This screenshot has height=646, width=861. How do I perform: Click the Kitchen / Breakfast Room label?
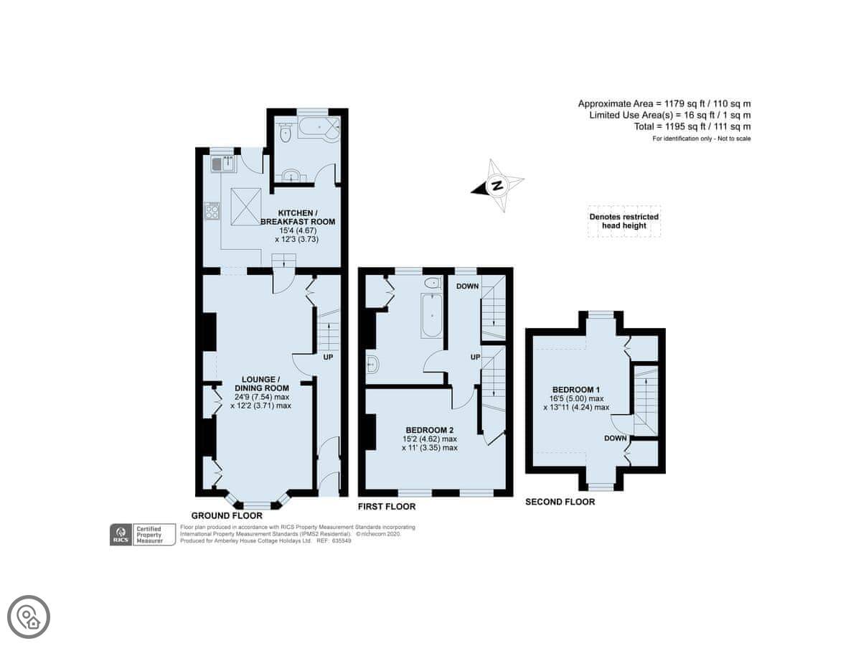coord(298,217)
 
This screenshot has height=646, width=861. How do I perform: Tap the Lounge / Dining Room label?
coord(260,384)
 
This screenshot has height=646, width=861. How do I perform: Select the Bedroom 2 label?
coord(430,430)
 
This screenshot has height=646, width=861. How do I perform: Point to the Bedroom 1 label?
coord(576,390)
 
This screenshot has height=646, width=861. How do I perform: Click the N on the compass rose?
coord(497,185)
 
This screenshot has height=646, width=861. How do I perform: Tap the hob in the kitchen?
coord(212,210)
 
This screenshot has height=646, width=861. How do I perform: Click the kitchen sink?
coord(223,164)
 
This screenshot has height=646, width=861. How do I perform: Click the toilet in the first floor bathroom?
coord(433,282)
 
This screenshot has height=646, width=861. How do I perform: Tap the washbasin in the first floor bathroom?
coord(372,365)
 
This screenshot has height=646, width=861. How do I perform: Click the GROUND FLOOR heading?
coord(227,515)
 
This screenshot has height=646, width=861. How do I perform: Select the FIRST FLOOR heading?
coord(386,507)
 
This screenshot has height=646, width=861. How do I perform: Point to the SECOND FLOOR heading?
coord(560,502)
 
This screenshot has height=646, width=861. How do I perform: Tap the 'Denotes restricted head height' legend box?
coord(624,221)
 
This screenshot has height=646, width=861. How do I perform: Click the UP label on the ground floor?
coord(328,357)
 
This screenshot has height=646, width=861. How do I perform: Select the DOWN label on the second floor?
coord(616,438)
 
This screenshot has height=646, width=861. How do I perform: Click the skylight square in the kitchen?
coord(246,207)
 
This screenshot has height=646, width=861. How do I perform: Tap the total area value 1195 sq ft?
coord(677,127)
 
